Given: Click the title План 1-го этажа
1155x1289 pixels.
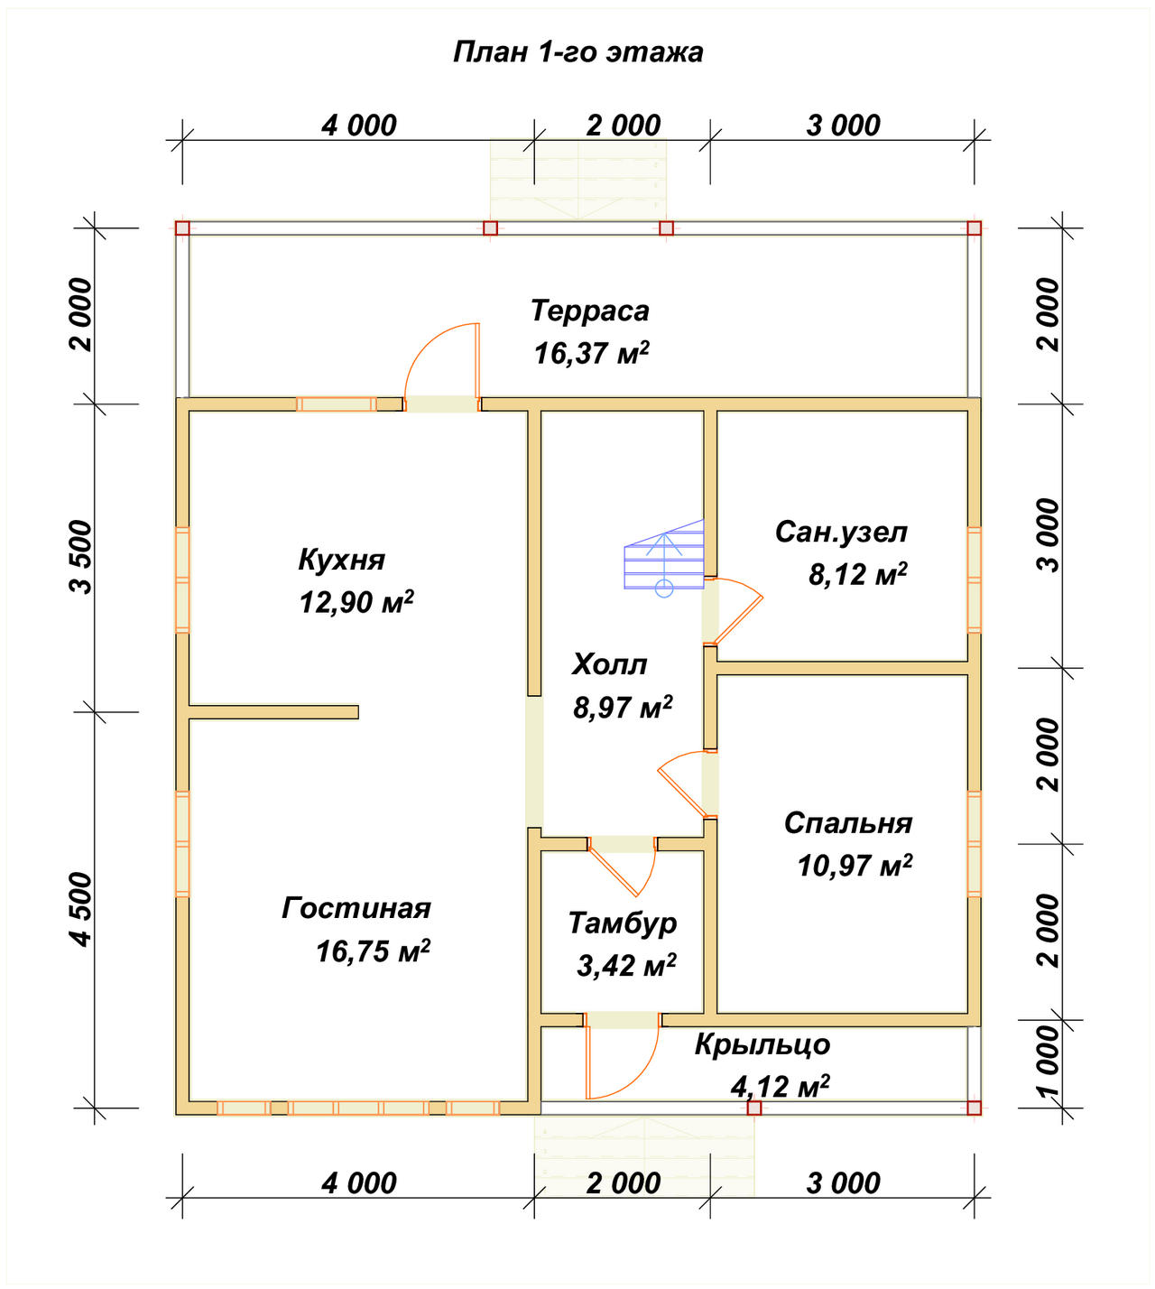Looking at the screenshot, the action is pyautogui.click(x=577, y=52).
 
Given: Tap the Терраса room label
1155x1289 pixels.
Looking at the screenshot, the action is pyautogui.click(x=589, y=311).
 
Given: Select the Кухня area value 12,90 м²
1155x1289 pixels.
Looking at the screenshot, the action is pyautogui.click(x=356, y=601).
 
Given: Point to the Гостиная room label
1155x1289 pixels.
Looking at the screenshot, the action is pyautogui.click(x=356, y=907).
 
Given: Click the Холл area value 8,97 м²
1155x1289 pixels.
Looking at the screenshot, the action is pyautogui.click(x=623, y=707).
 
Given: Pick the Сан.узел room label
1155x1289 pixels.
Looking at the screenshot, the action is pyautogui.click(x=841, y=532).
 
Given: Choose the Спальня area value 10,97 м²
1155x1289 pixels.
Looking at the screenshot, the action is pyautogui.click(x=855, y=866).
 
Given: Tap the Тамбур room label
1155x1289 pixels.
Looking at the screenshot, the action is pyautogui.click(x=622, y=923).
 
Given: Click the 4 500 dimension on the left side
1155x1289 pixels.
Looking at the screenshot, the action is pyautogui.click(x=81, y=909).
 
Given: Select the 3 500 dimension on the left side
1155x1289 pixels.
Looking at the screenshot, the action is pyautogui.click(x=81, y=557).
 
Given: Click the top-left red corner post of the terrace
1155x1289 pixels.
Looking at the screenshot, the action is pyautogui.click(x=182, y=227).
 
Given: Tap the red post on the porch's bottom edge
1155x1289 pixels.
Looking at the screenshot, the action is pyautogui.click(x=753, y=1108).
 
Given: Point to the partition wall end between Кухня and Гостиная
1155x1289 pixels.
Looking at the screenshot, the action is pyautogui.click(x=357, y=712).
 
